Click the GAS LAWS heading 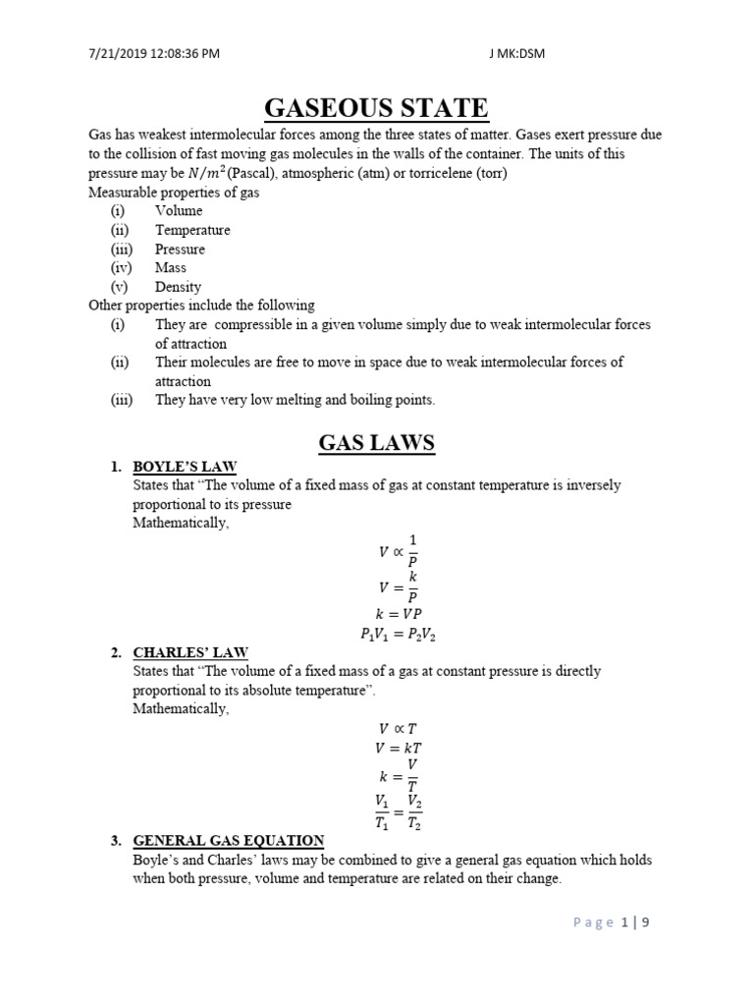click(376, 442)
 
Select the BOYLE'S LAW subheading click(185, 467)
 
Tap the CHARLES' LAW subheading click(190, 652)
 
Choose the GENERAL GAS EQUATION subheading click(228, 840)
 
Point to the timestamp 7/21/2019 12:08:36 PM click(150, 53)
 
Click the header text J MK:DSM click(516, 53)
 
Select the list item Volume click(179, 210)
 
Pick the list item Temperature click(192, 230)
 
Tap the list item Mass click(170, 267)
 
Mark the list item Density click(178, 287)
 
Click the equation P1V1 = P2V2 click(398, 635)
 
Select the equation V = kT click(398, 748)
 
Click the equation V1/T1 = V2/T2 click(398, 811)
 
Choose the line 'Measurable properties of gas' click(174, 193)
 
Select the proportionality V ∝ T click(398, 729)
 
